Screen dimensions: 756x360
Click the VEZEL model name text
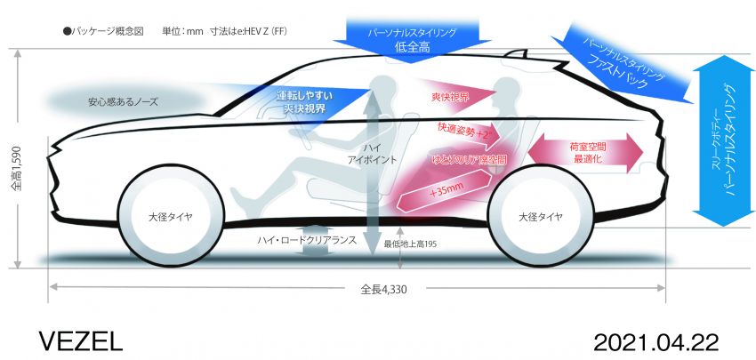[81, 342]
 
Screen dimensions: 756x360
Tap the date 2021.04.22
[656, 342]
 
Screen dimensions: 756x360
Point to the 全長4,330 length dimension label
[384, 290]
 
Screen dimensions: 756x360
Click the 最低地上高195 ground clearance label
[410, 244]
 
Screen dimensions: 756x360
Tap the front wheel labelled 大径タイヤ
[170, 217]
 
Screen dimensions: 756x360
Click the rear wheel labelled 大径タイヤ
[540, 216]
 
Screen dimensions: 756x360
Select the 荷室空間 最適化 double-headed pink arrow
[586, 153]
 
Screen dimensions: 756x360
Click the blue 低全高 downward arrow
[411, 40]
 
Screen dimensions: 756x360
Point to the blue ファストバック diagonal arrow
[627, 65]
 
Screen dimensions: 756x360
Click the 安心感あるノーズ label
[123, 102]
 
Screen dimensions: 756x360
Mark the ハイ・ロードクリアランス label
[307, 240]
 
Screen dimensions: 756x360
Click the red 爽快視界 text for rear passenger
[450, 97]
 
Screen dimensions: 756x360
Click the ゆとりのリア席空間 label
[468, 159]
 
